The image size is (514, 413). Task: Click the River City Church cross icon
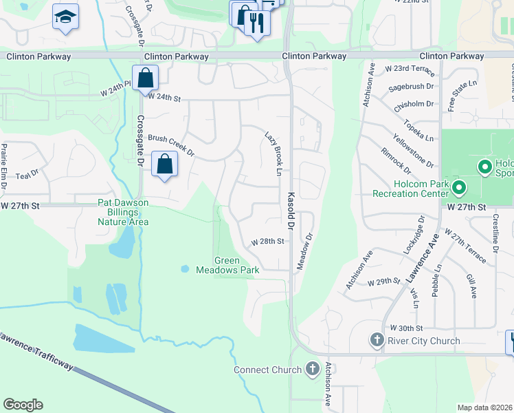[x=377, y=340]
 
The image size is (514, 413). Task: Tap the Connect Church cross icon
[x=313, y=369]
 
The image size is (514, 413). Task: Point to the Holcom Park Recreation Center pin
[x=460, y=187]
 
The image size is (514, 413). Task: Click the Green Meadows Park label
[x=237, y=265]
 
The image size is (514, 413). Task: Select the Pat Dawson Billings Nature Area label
[x=122, y=212]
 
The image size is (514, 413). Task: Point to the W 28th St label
[x=267, y=242]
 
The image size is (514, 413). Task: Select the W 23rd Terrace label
[x=410, y=69]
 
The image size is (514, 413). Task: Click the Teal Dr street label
[x=27, y=176]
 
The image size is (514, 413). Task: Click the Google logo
[x=23, y=405]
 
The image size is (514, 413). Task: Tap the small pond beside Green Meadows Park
[x=184, y=268]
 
